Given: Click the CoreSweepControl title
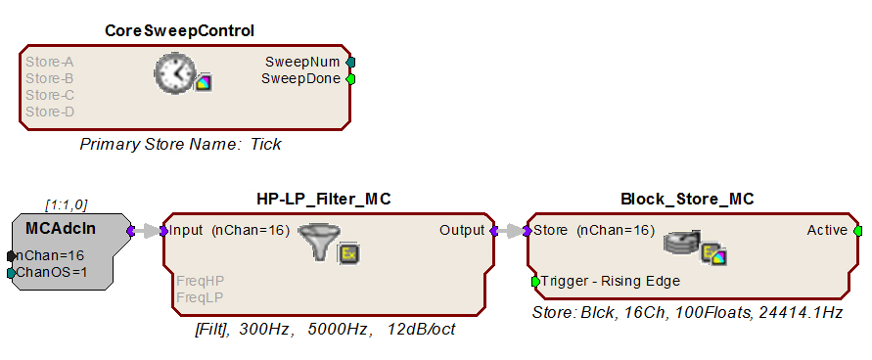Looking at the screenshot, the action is pos(180,31).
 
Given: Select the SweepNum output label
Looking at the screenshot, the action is pos(302,62).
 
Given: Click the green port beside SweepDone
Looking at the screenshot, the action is pos(350,79).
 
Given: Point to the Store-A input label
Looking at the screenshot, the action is pos(50,62).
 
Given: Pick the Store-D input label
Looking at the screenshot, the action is pos(50,112).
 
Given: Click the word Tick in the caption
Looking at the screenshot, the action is pos(266,145).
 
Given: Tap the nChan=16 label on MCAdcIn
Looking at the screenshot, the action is pos(50,255).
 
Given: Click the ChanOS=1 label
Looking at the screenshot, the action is pos(52,272).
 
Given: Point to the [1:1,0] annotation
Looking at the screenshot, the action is pos(67,205).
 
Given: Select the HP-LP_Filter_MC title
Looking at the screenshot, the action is pos(324,199).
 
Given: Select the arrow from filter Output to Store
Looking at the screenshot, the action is pos(511,231).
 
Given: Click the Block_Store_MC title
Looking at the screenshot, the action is pos(687,199).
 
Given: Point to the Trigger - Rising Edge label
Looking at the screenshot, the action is pos(611,281).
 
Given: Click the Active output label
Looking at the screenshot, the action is pos(827,230).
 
